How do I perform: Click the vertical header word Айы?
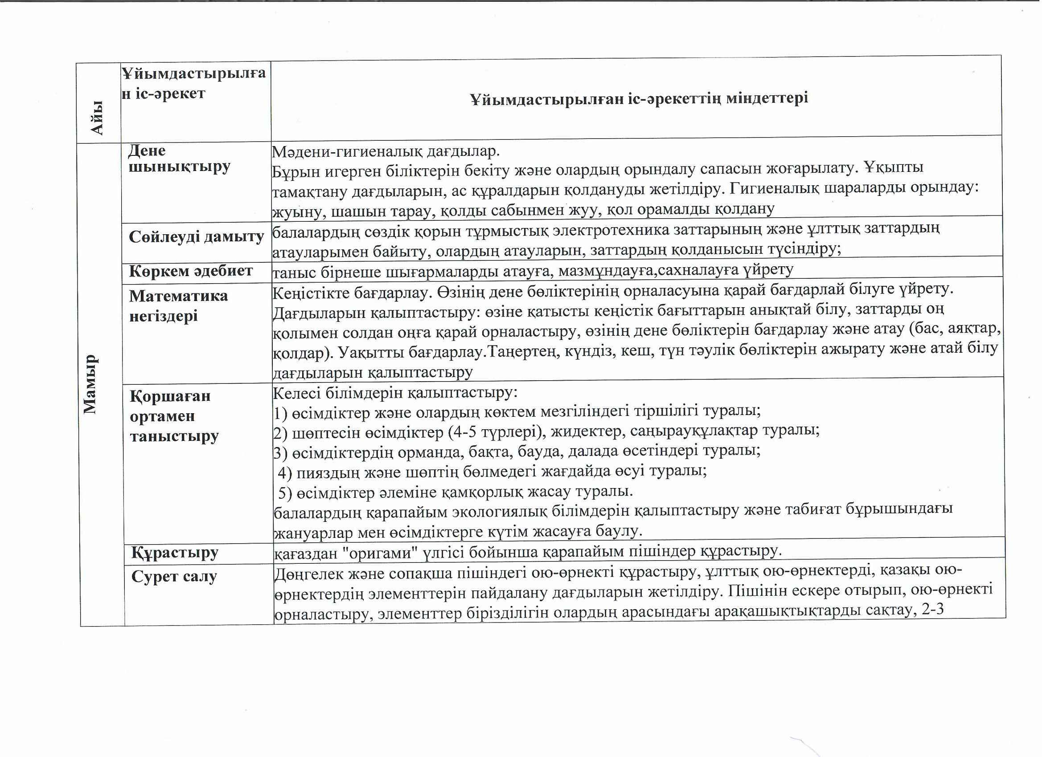pos(98,118)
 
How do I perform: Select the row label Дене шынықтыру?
pos(179,159)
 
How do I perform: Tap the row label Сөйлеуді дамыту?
pos(196,236)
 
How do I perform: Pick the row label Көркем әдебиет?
pos(191,271)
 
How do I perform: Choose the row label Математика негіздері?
pos(178,305)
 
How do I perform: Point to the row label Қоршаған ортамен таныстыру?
pos(174,415)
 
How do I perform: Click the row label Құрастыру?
pos(175,552)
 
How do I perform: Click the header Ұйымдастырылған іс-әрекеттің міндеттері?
pos(638,98)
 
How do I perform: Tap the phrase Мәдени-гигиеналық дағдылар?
pos(386,151)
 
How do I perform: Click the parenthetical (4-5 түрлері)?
pos(484,431)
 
